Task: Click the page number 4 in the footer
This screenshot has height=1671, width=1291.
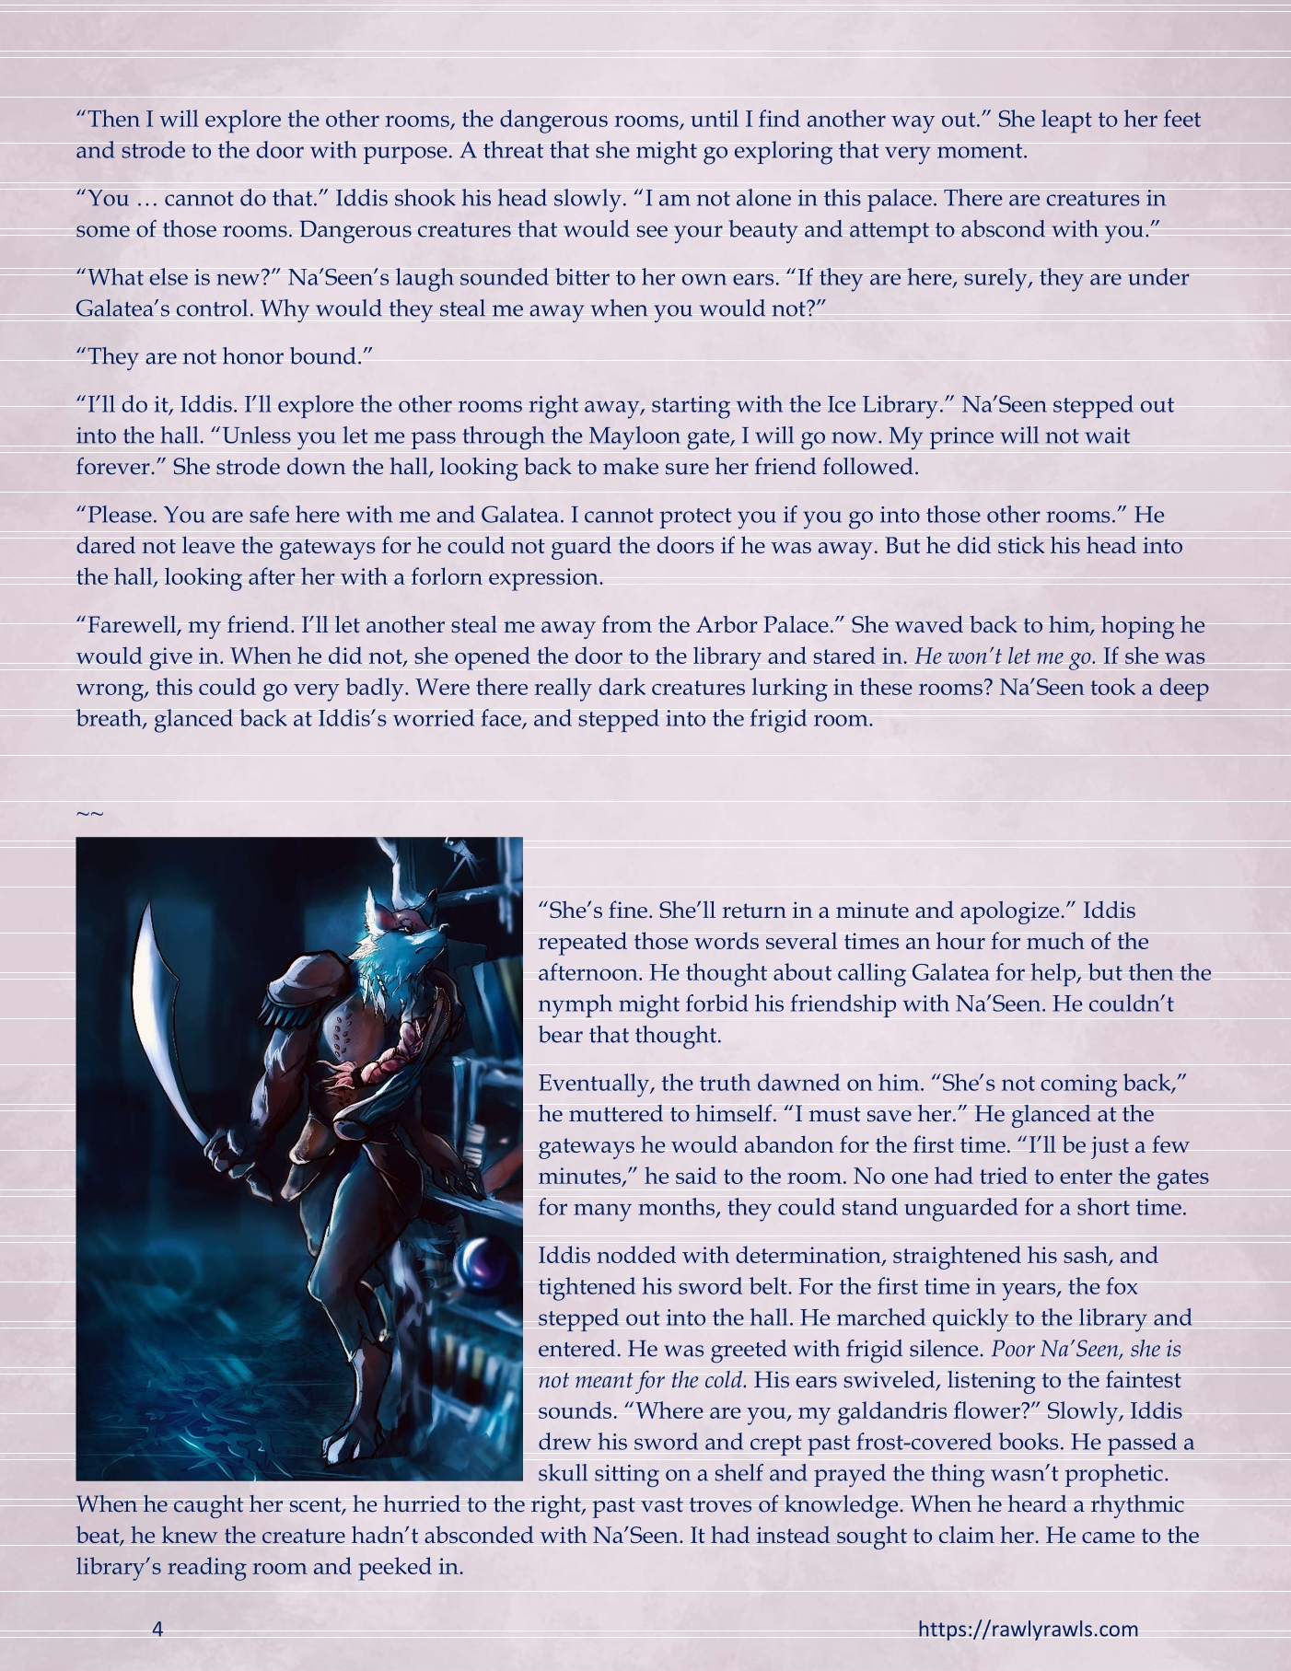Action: tap(157, 1629)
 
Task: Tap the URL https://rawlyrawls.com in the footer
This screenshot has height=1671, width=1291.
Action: tap(1028, 1629)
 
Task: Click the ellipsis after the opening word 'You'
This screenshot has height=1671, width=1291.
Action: tap(146, 198)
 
